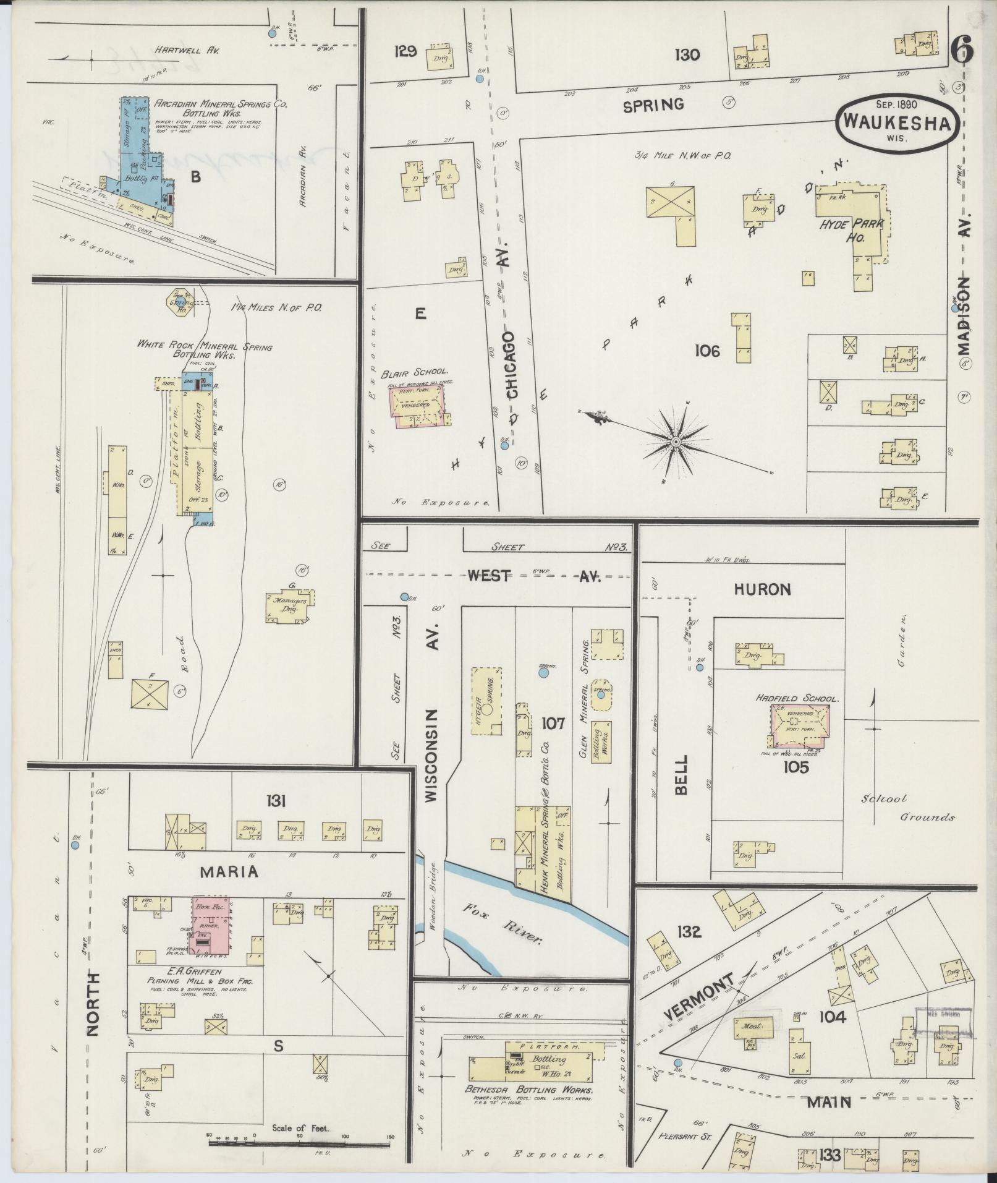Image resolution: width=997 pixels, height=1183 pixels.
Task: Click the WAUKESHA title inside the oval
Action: click(x=897, y=122)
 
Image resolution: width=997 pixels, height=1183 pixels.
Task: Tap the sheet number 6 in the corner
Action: click(x=962, y=50)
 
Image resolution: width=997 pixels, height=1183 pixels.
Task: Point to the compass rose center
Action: click(x=676, y=442)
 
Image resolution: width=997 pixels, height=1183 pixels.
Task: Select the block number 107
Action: click(x=553, y=722)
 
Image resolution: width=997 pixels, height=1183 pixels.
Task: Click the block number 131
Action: click(x=276, y=801)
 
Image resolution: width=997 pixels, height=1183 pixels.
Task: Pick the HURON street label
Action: click(x=762, y=589)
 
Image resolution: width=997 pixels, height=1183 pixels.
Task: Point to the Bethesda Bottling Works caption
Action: click(x=529, y=1090)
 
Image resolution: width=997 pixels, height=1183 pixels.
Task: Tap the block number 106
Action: click(x=707, y=351)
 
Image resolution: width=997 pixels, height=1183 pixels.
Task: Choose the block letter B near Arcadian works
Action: click(x=195, y=177)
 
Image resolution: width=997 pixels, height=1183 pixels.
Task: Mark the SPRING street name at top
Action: click(x=653, y=105)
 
